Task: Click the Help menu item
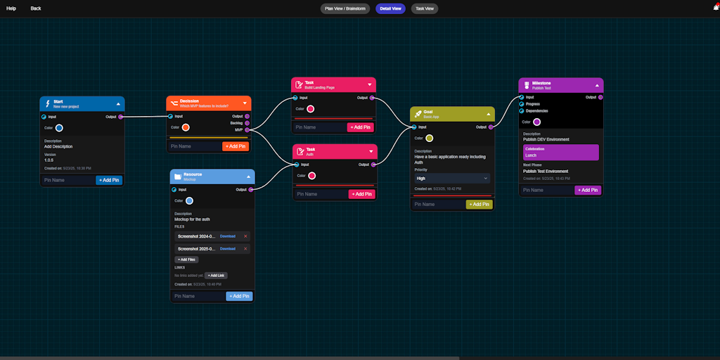pos(11,8)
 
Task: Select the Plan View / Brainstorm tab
pos(345,8)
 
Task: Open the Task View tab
pos(425,8)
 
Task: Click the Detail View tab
pos(390,8)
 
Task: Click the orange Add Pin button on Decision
pos(236,146)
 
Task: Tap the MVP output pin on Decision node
pos(247,130)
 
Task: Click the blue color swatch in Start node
pos(59,128)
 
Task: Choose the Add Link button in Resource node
pos(216,275)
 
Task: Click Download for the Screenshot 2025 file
pos(228,249)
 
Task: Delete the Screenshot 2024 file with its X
pos(245,236)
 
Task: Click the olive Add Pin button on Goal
pos(479,205)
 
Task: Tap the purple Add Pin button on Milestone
pos(588,190)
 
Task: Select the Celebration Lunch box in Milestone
pos(560,153)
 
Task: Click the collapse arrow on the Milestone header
pos(597,85)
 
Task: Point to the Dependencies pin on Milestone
pos(522,111)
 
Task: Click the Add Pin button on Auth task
pos(361,194)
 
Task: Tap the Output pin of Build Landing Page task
pos(372,98)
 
